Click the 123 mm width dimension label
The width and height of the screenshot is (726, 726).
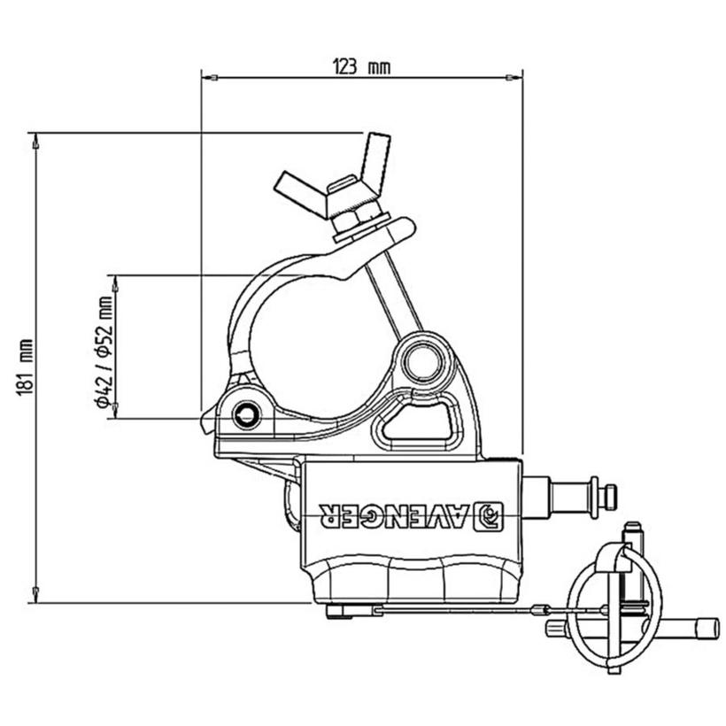coord(361,66)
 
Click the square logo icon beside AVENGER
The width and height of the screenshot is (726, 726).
coord(489,515)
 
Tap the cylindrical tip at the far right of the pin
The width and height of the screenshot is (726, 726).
coord(705,629)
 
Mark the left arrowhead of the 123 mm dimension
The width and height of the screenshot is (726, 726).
coord(209,78)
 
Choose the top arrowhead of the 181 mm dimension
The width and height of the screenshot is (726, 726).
coord(35,140)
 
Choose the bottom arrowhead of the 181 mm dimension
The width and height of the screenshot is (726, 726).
coord(35,595)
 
